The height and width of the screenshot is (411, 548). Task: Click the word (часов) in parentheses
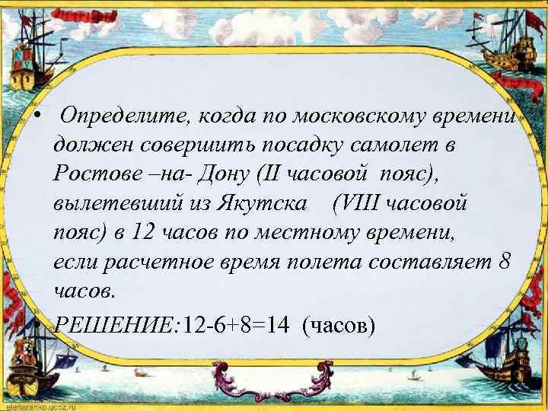(339, 327)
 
